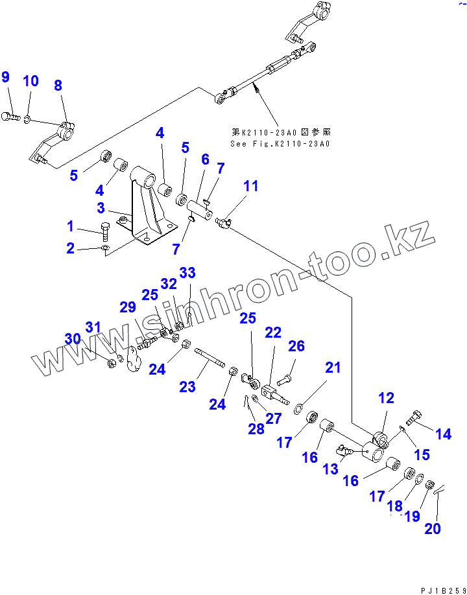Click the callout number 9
pos(6,78)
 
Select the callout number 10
pos(31,81)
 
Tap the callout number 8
pos(58,86)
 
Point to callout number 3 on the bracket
pos(101,208)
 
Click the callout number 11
pos(250,187)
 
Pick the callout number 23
pos(187,387)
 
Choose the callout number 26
pos(296,347)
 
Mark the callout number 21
pos(333,368)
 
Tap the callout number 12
pos(386,398)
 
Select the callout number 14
pos(444,434)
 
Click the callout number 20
pos(433,528)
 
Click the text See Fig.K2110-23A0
pos(280,144)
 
